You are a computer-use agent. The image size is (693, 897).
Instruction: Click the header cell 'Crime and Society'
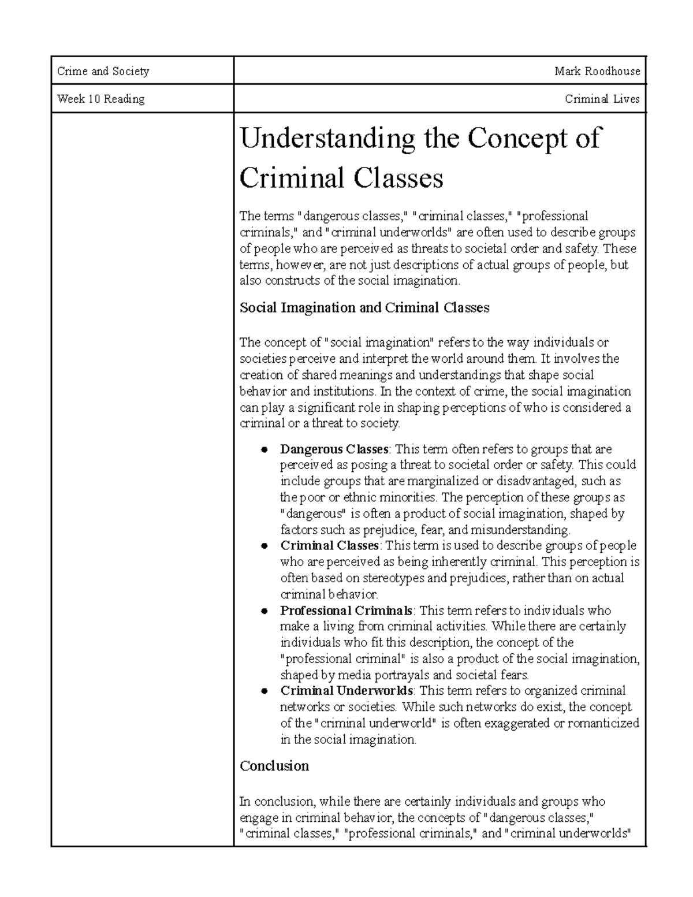103,72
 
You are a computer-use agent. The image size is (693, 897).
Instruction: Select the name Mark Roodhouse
597,72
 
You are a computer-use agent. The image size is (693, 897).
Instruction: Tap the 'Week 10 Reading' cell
100,99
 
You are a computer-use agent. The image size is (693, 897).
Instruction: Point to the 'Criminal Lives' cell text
602,99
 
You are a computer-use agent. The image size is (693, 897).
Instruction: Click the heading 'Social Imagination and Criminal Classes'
364,308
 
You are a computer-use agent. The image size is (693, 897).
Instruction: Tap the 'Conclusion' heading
274,766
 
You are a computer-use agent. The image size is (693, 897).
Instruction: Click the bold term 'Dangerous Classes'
334,449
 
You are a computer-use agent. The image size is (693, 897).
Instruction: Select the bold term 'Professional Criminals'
346,611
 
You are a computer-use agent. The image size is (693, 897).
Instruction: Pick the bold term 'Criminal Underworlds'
346,691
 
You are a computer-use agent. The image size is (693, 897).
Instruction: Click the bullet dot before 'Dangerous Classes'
263,449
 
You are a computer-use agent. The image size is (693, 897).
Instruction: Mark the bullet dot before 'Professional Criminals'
263,611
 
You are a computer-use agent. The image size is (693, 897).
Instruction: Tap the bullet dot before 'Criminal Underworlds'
263,691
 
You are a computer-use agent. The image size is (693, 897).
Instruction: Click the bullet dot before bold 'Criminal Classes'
263,546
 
